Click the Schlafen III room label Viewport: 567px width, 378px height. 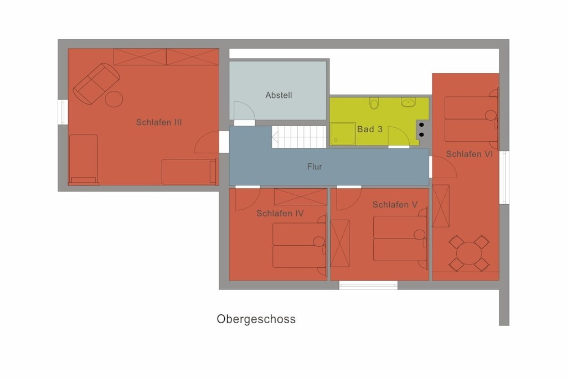click(x=159, y=122)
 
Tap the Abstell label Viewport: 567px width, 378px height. click(x=279, y=95)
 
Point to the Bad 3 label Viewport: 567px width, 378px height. click(x=369, y=130)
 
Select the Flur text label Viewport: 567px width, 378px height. click(x=315, y=167)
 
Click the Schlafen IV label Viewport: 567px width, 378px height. click(x=280, y=214)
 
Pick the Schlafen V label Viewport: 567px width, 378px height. click(x=395, y=205)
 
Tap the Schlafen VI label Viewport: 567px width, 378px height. click(x=470, y=154)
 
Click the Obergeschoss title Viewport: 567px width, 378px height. click(x=256, y=319)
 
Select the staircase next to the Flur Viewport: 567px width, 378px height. click(x=299, y=137)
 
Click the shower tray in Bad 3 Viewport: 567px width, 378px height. click(x=342, y=134)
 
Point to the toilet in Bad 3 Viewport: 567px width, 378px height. click(x=374, y=103)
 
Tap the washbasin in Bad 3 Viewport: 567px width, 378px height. click(x=408, y=102)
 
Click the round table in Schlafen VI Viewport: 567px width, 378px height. click(x=468, y=253)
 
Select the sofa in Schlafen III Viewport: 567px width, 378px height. click(x=96, y=84)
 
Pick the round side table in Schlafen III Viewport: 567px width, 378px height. click(x=114, y=100)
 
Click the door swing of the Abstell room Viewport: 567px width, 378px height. click(x=244, y=111)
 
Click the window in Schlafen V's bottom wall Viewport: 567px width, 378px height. click(x=368, y=286)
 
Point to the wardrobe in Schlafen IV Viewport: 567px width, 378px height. click(x=301, y=197)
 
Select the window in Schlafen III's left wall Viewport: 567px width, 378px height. click(x=63, y=112)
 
